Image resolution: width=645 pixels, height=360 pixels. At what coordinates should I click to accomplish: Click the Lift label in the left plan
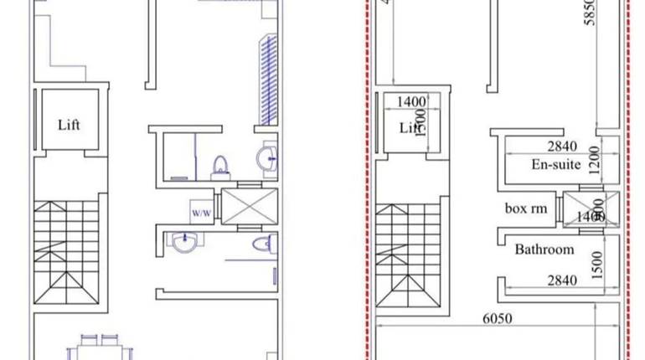pyautogui.click(x=70, y=126)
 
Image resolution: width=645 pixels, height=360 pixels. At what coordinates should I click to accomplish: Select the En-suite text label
pyautogui.click(x=556, y=164)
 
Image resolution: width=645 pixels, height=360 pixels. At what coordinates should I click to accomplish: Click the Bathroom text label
pyautogui.click(x=544, y=249)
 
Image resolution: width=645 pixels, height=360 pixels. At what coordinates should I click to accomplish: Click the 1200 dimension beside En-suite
pyautogui.click(x=595, y=157)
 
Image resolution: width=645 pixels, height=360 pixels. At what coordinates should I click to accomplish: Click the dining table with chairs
pyautogui.click(x=99, y=347)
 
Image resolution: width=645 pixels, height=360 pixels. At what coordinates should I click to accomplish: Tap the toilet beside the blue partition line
pyautogui.click(x=220, y=167)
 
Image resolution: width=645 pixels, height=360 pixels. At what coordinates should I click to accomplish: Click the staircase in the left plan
pyautogui.click(x=67, y=251)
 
